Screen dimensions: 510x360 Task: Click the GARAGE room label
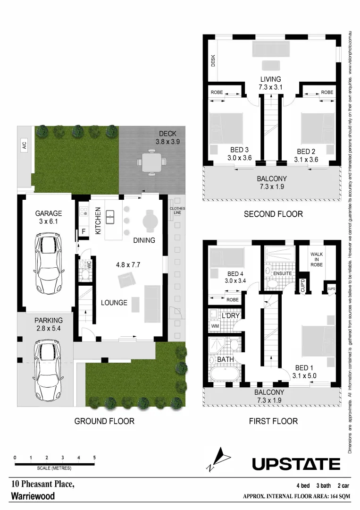point(49,213)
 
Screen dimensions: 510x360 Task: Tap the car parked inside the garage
point(48,262)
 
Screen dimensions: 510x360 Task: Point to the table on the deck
point(151,162)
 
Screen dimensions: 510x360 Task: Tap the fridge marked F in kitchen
point(84,231)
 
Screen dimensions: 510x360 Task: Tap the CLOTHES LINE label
point(177,211)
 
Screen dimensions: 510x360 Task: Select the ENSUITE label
point(283,273)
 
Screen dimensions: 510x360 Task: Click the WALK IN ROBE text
point(317,259)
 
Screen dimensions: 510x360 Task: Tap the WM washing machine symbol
point(214,326)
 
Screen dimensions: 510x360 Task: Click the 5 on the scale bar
point(95,458)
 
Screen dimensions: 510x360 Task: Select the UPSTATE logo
point(296,464)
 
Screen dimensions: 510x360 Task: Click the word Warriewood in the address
point(33,496)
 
